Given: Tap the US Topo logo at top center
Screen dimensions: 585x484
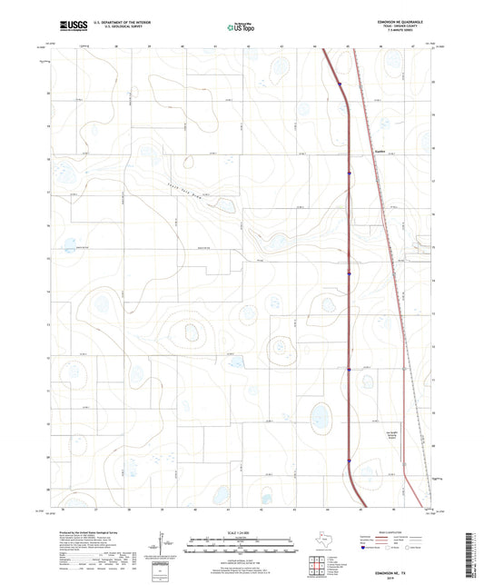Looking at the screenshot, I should [241, 27].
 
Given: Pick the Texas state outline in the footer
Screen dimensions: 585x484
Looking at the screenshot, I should [323, 542].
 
